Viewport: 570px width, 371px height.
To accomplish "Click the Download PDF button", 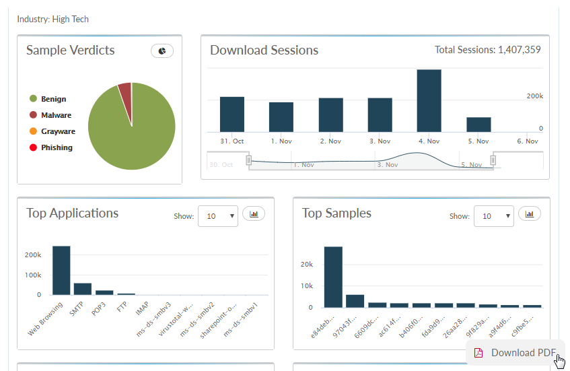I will coord(515,353).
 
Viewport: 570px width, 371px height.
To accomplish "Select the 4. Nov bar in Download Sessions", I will coord(429,101).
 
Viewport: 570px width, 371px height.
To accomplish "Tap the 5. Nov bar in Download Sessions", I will coord(478,125).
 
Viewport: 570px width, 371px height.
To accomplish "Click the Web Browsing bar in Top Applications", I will coord(61,270).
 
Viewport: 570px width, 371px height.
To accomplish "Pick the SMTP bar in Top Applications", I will coord(83,289).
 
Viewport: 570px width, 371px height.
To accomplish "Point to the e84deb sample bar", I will coord(333,277).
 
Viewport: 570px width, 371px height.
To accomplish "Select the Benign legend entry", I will coord(53,99).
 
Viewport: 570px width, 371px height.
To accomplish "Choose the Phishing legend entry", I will coord(57,147).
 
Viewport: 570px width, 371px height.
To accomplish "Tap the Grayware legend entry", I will coord(58,131).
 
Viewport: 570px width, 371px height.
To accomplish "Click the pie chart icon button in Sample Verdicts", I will coord(162,50).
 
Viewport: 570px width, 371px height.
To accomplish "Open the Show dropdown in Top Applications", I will coord(217,216).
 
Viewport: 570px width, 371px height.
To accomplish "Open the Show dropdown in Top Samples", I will coord(493,216).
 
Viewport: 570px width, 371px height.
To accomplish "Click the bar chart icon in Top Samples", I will coord(530,214).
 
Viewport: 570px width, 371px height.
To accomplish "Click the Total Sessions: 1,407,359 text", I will coord(487,49).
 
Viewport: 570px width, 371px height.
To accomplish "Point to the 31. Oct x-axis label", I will coord(231,141).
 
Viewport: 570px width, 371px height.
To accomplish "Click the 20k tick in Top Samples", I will coord(306,264).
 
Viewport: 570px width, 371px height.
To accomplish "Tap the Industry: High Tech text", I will coord(52,19).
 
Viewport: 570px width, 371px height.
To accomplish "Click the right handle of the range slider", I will coord(493,160).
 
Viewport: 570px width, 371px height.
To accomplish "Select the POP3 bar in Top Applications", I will coord(104,292).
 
